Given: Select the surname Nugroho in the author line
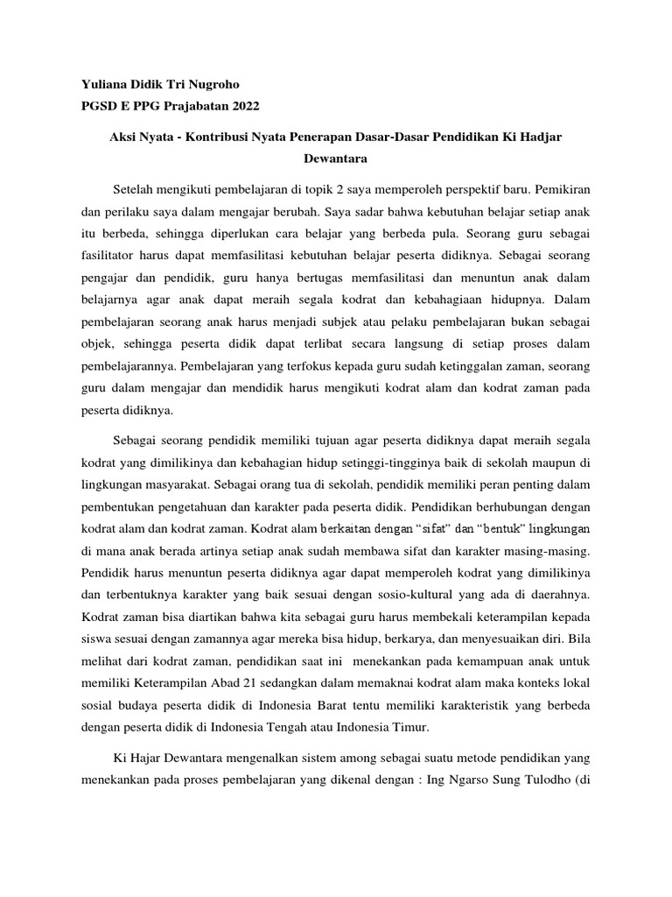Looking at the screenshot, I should [x=208, y=84].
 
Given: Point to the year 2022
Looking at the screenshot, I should [x=243, y=107].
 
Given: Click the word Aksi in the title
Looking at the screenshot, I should [x=122, y=138].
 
